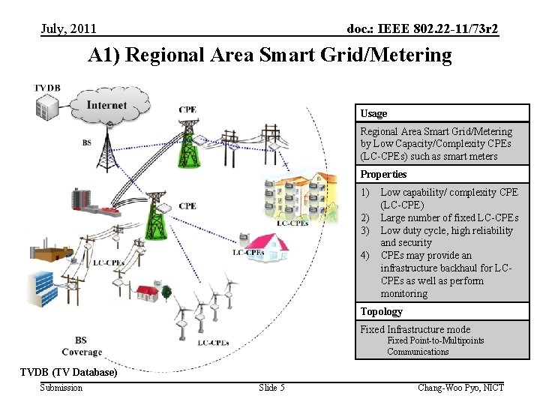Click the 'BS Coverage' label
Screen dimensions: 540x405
82,346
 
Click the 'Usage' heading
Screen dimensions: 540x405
373,113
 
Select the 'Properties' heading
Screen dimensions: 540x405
383,174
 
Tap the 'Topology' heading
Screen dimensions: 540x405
381,311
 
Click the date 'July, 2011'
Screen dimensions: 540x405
68,28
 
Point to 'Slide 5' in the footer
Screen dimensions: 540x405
271,387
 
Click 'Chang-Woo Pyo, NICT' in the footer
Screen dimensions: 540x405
460,387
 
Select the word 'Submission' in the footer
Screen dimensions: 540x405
61,387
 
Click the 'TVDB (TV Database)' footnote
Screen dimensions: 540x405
68,372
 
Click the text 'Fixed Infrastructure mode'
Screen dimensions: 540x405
415,329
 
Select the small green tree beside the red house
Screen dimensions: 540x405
166,290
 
